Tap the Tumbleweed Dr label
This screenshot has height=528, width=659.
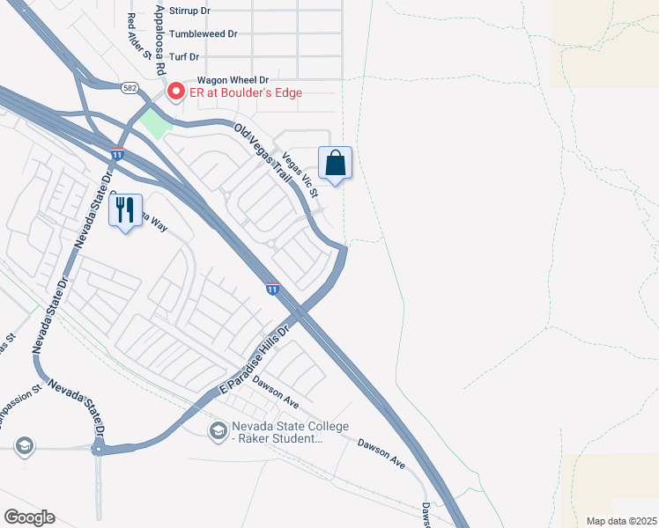pyautogui.click(x=203, y=33)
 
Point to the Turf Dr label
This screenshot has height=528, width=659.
pyautogui.click(x=185, y=56)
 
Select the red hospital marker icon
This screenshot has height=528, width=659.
pyautogui.click(x=175, y=91)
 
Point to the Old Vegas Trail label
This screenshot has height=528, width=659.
pyautogui.click(x=263, y=158)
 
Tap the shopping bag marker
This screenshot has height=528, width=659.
pyautogui.click(x=335, y=164)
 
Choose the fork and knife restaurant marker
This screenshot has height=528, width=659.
pyautogui.click(x=125, y=210)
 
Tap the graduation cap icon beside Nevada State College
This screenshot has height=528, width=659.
pyautogui.click(x=218, y=430)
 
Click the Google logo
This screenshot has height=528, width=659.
pyautogui.click(x=29, y=517)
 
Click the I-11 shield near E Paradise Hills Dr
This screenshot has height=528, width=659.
pyautogui.click(x=272, y=288)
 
